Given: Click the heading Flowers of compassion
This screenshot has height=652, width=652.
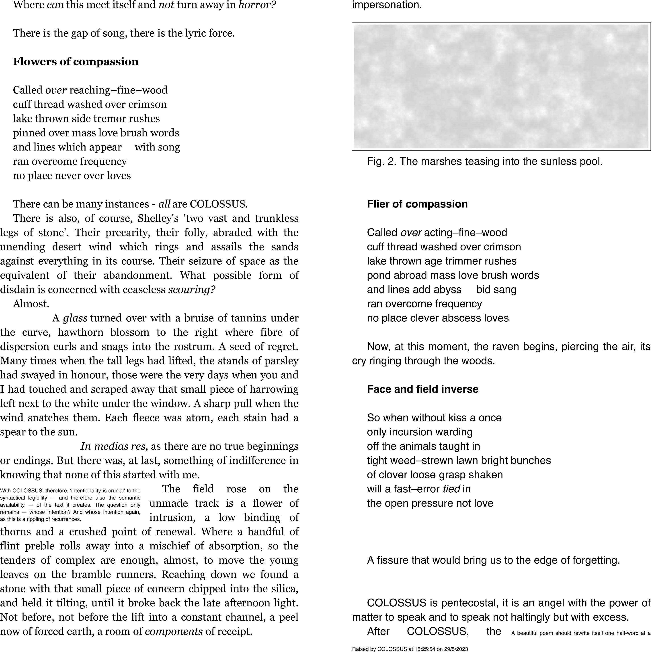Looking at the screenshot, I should (x=76, y=62).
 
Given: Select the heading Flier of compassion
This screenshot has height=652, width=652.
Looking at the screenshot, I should (x=417, y=204).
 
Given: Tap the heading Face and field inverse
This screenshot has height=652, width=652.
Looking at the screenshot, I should (x=423, y=389).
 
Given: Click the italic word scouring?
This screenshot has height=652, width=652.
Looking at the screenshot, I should (x=192, y=290).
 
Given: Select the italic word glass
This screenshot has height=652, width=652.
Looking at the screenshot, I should (x=75, y=318).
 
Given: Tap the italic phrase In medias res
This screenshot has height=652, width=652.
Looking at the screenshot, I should (x=114, y=446).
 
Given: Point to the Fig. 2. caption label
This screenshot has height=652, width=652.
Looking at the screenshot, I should (x=381, y=161).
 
